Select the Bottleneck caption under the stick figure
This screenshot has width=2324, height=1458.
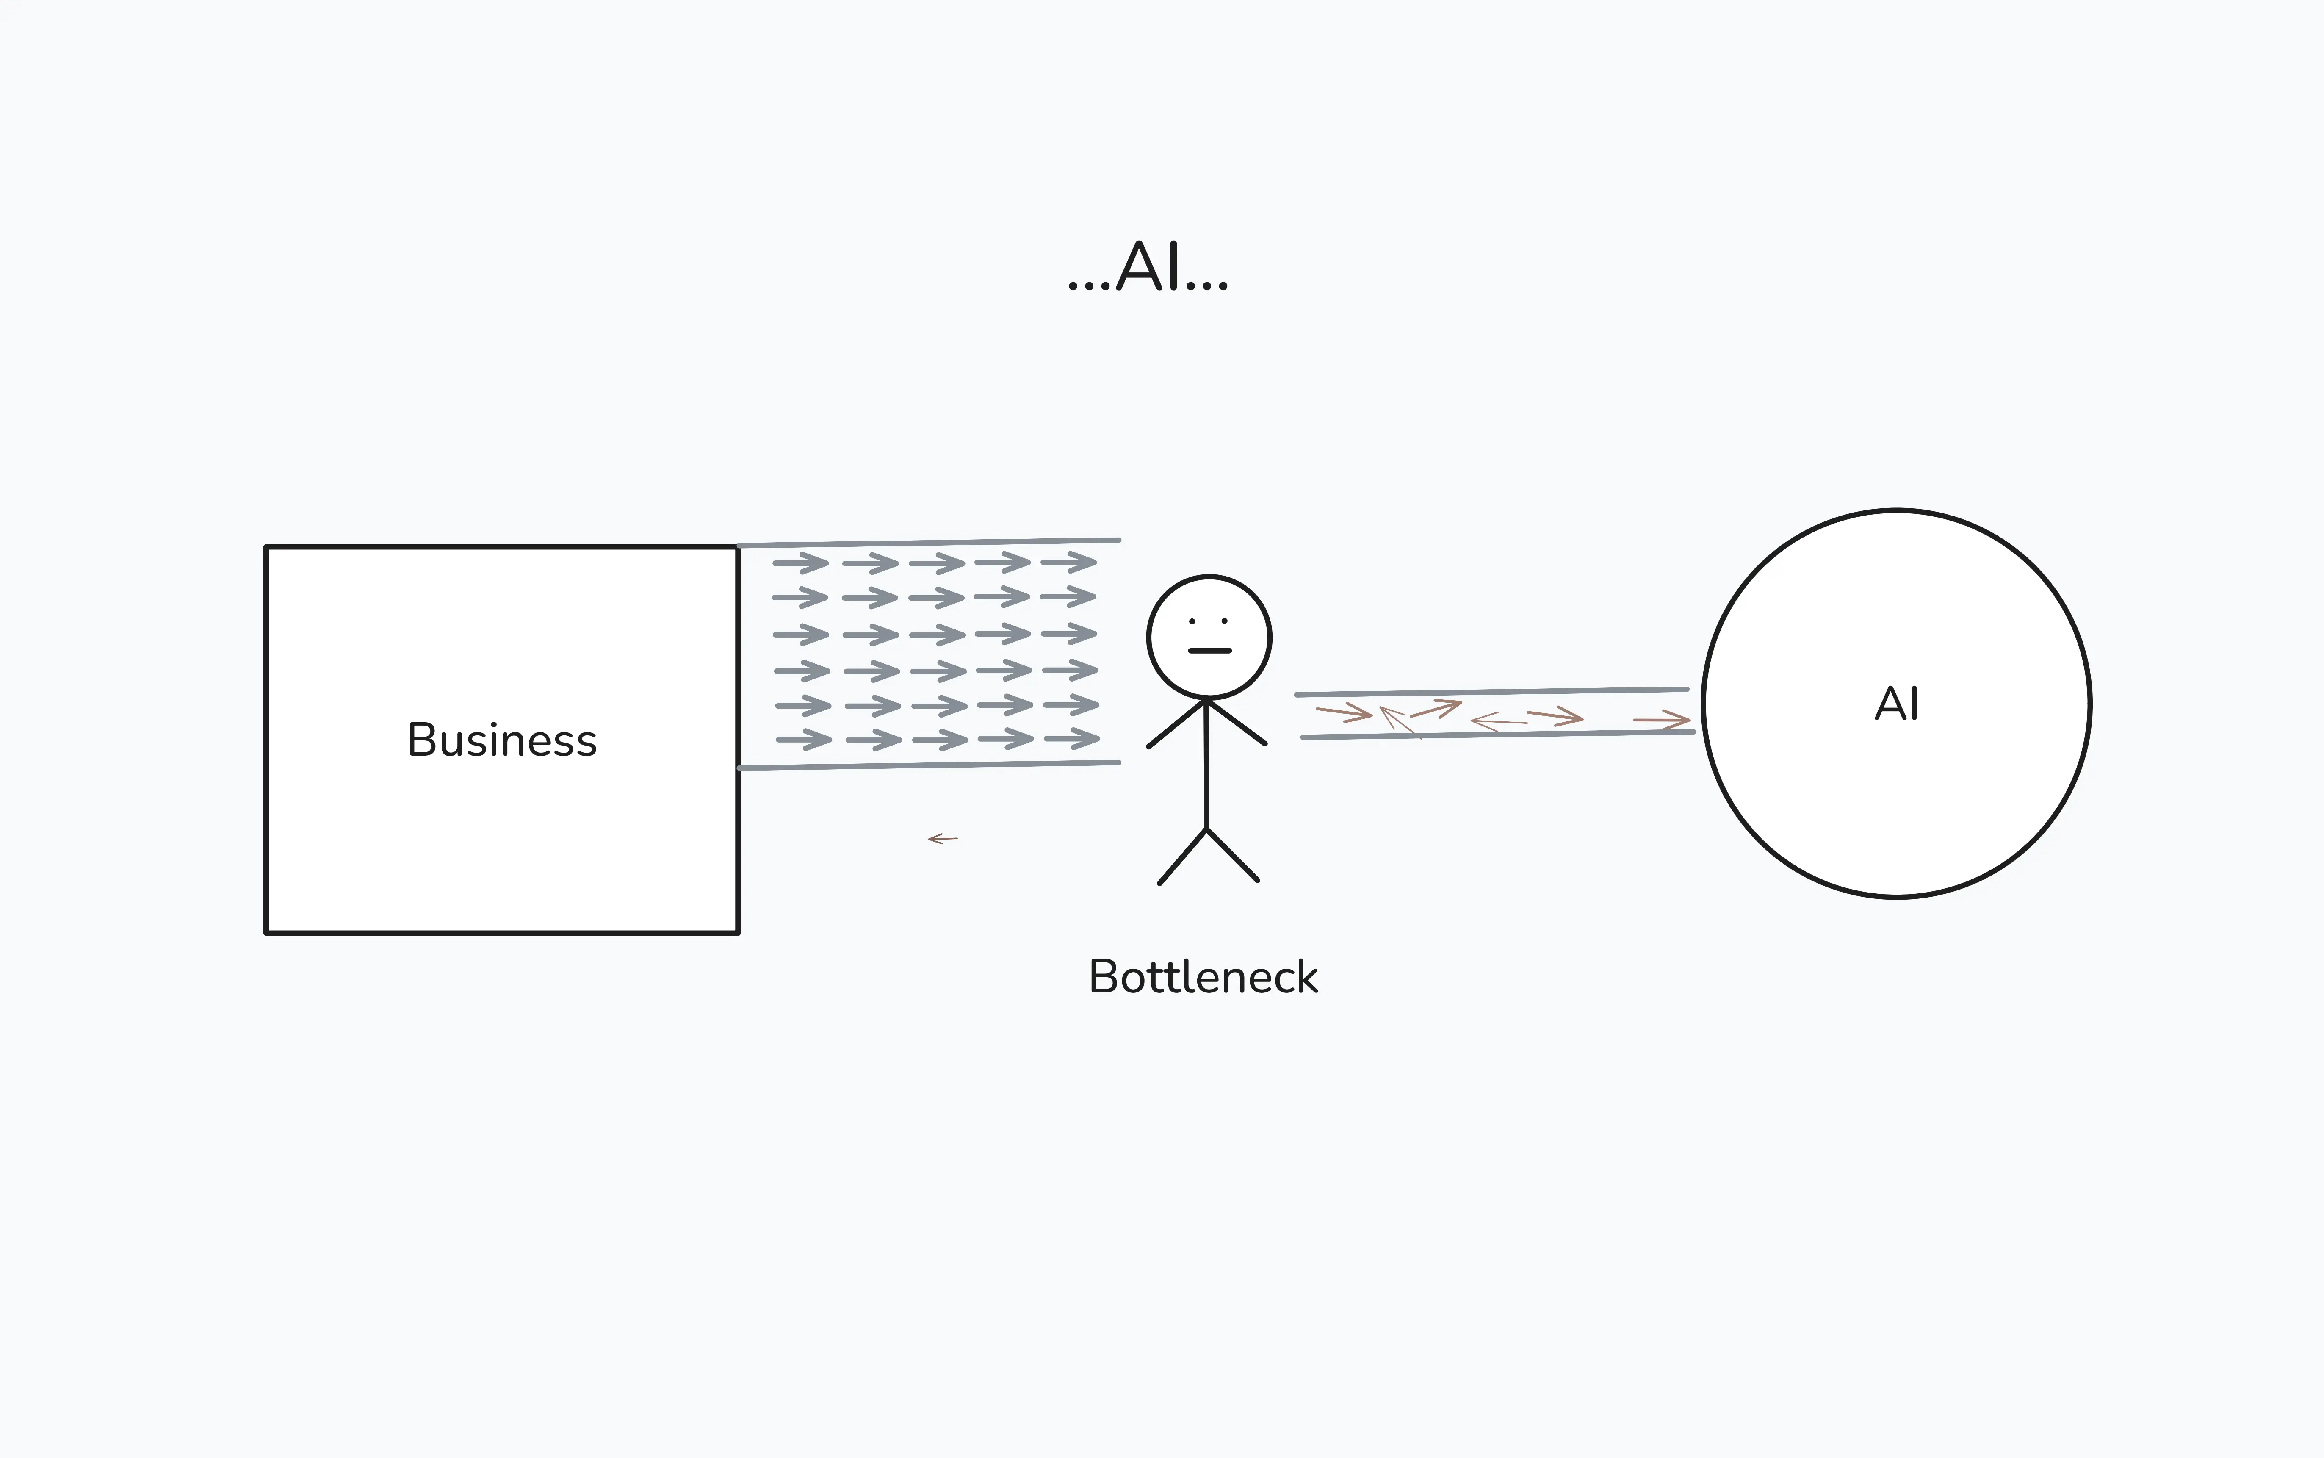pyautogui.click(x=1203, y=977)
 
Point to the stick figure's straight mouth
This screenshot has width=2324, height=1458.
pyautogui.click(x=1210, y=651)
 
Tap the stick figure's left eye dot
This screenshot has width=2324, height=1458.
pyautogui.click(x=1192, y=621)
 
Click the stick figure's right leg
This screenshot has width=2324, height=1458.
pyautogui.click(x=1232, y=854)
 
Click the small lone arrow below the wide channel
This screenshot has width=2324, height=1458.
pyautogui.click(x=943, y=839)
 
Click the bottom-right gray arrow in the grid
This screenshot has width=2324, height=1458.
pyautogui.click(x=1072, y=740)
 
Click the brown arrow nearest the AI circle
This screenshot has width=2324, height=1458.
pyautogui.click(x=1662, y=719)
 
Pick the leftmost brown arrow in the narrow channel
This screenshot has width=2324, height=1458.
pyautogui.click(x=1344, y=712)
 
